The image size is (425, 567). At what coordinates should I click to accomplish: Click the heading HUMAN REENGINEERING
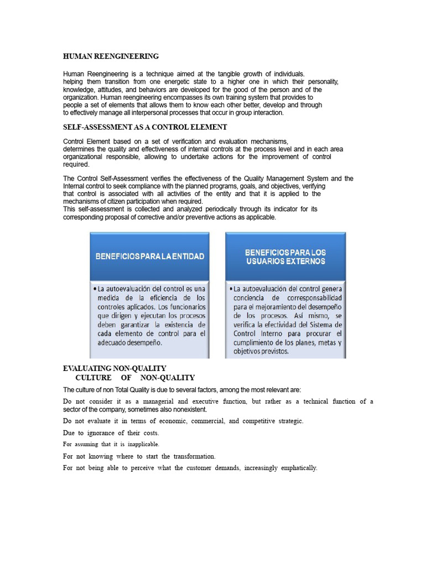click(x=111, y=56)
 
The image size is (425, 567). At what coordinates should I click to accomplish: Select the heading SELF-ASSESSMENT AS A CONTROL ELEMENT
click(x=145, y=127)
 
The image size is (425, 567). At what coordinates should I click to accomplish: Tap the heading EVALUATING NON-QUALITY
click(x=115, y=368)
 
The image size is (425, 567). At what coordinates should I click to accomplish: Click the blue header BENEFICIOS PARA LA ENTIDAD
click(x=150, y=256)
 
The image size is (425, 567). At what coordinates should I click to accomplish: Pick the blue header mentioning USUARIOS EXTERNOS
click(x=286, y=256)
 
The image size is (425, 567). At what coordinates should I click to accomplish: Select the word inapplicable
click(x=143, y=444)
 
